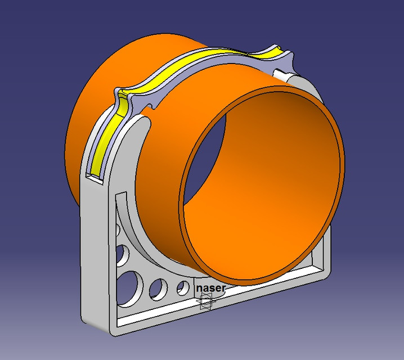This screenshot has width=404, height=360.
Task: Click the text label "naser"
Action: point(211,288)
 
